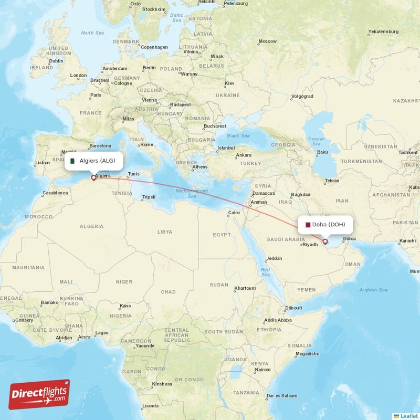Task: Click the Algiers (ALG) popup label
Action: [x=94, y=161]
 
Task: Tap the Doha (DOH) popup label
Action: [x=325, y=225]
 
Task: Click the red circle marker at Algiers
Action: [x=93, y=177]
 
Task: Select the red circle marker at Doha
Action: [x=325, y=241]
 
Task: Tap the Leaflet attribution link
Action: [x=407, y=415]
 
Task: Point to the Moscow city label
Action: [x=267, y=41]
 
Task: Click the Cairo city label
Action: [x=233, y=213]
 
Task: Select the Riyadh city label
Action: [x=310, y=244]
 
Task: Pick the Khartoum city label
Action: [x=245, y=288]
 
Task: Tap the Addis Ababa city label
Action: [x=278, y=320]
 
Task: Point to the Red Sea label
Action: [x=266, y=272]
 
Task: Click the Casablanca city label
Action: [x=56, y=193]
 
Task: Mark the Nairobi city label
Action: [x=262, y=370]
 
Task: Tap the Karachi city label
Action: [x=407, y=241]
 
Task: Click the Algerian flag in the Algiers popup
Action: [x=72, y=161]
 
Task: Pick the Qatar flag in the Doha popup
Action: [x=308, y=225]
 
